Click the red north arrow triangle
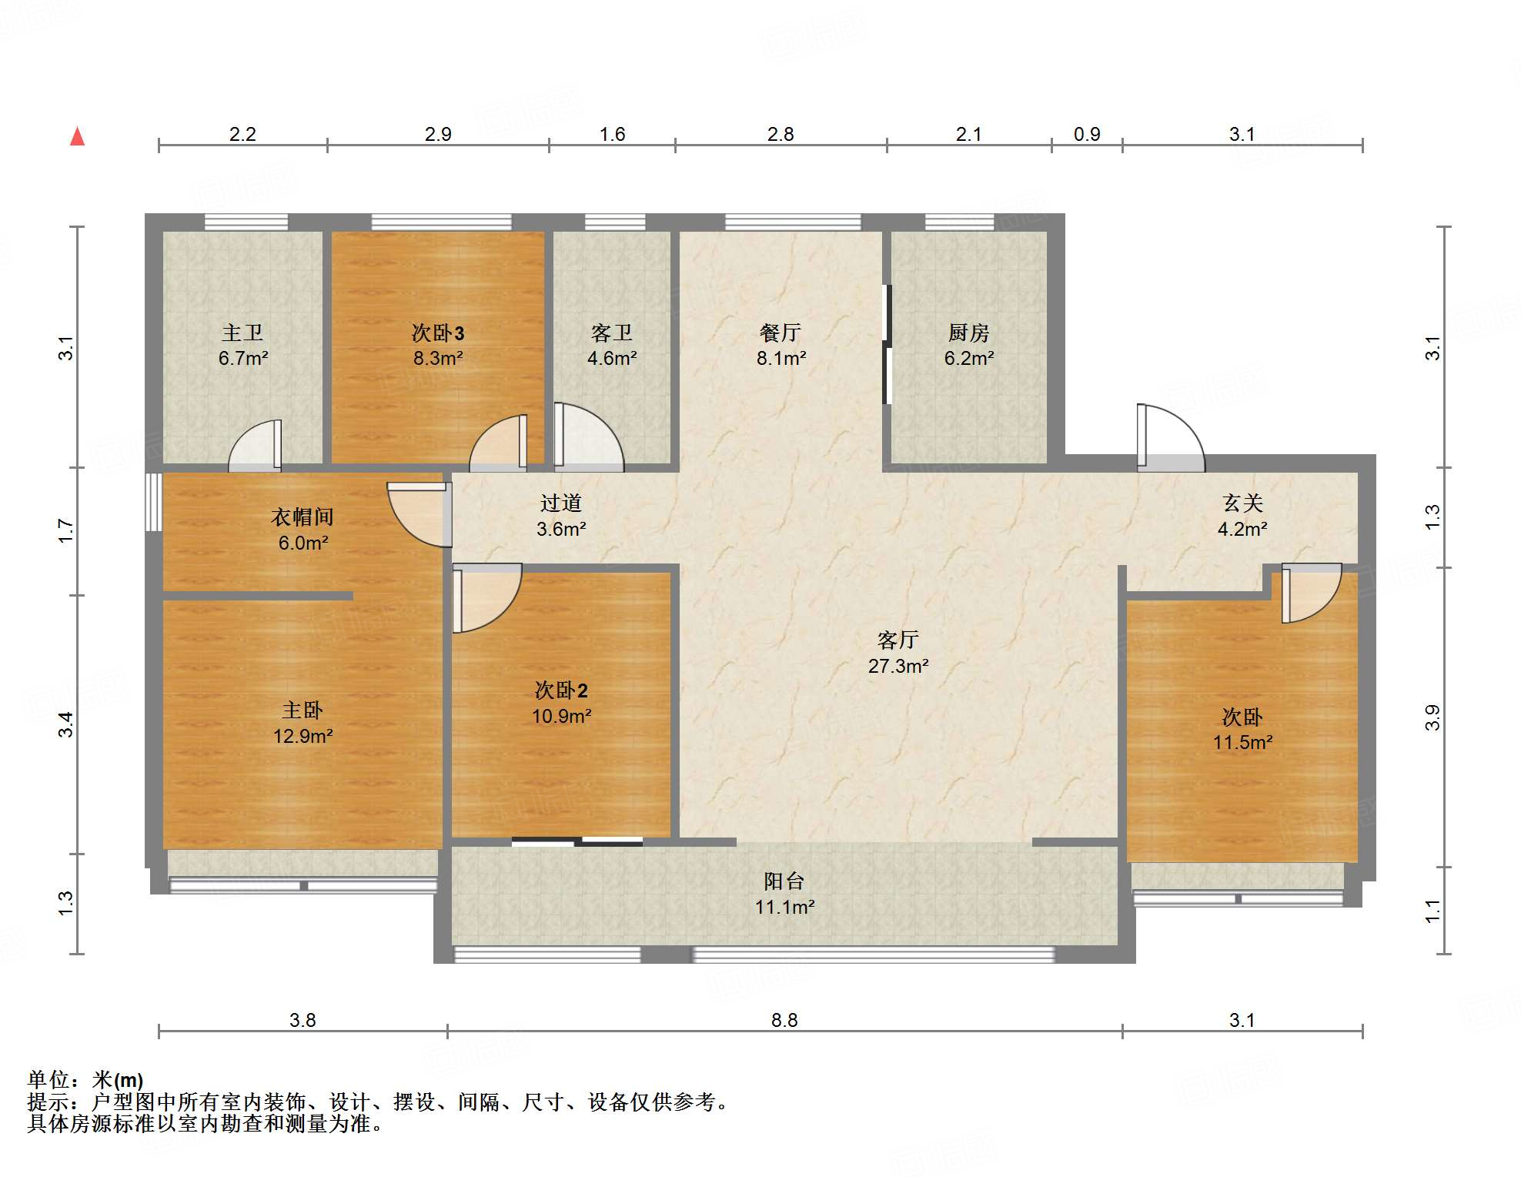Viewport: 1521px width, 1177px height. pos(78,137)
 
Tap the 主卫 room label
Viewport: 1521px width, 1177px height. pos(242,333)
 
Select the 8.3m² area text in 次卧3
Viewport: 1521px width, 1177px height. pos(438,358)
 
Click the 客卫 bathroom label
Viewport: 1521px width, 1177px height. pos(612,333)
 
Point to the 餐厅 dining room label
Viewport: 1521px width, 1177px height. pos(781,333)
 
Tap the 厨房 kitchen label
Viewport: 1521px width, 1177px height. pos(968,333)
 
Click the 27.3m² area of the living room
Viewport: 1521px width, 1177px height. pos(898,666)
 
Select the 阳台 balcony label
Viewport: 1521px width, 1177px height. pos(784,881)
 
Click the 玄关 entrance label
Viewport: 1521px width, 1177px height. pos(1243,503)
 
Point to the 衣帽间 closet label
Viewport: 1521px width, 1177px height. pos(303,517)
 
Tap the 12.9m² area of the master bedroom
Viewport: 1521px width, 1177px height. pos(303,736)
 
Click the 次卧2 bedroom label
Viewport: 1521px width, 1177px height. pos(561,690)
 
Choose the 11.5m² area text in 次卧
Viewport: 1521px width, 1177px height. pos(1243,742)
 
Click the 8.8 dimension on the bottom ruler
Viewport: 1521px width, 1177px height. pos(784,1020)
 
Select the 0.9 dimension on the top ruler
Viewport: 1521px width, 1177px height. pos(1087,135)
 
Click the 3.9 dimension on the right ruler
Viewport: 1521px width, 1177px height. pos(1432,718)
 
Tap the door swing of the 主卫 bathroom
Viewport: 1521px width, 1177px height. pos(255,446)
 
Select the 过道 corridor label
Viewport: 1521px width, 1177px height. pos(561,503)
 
